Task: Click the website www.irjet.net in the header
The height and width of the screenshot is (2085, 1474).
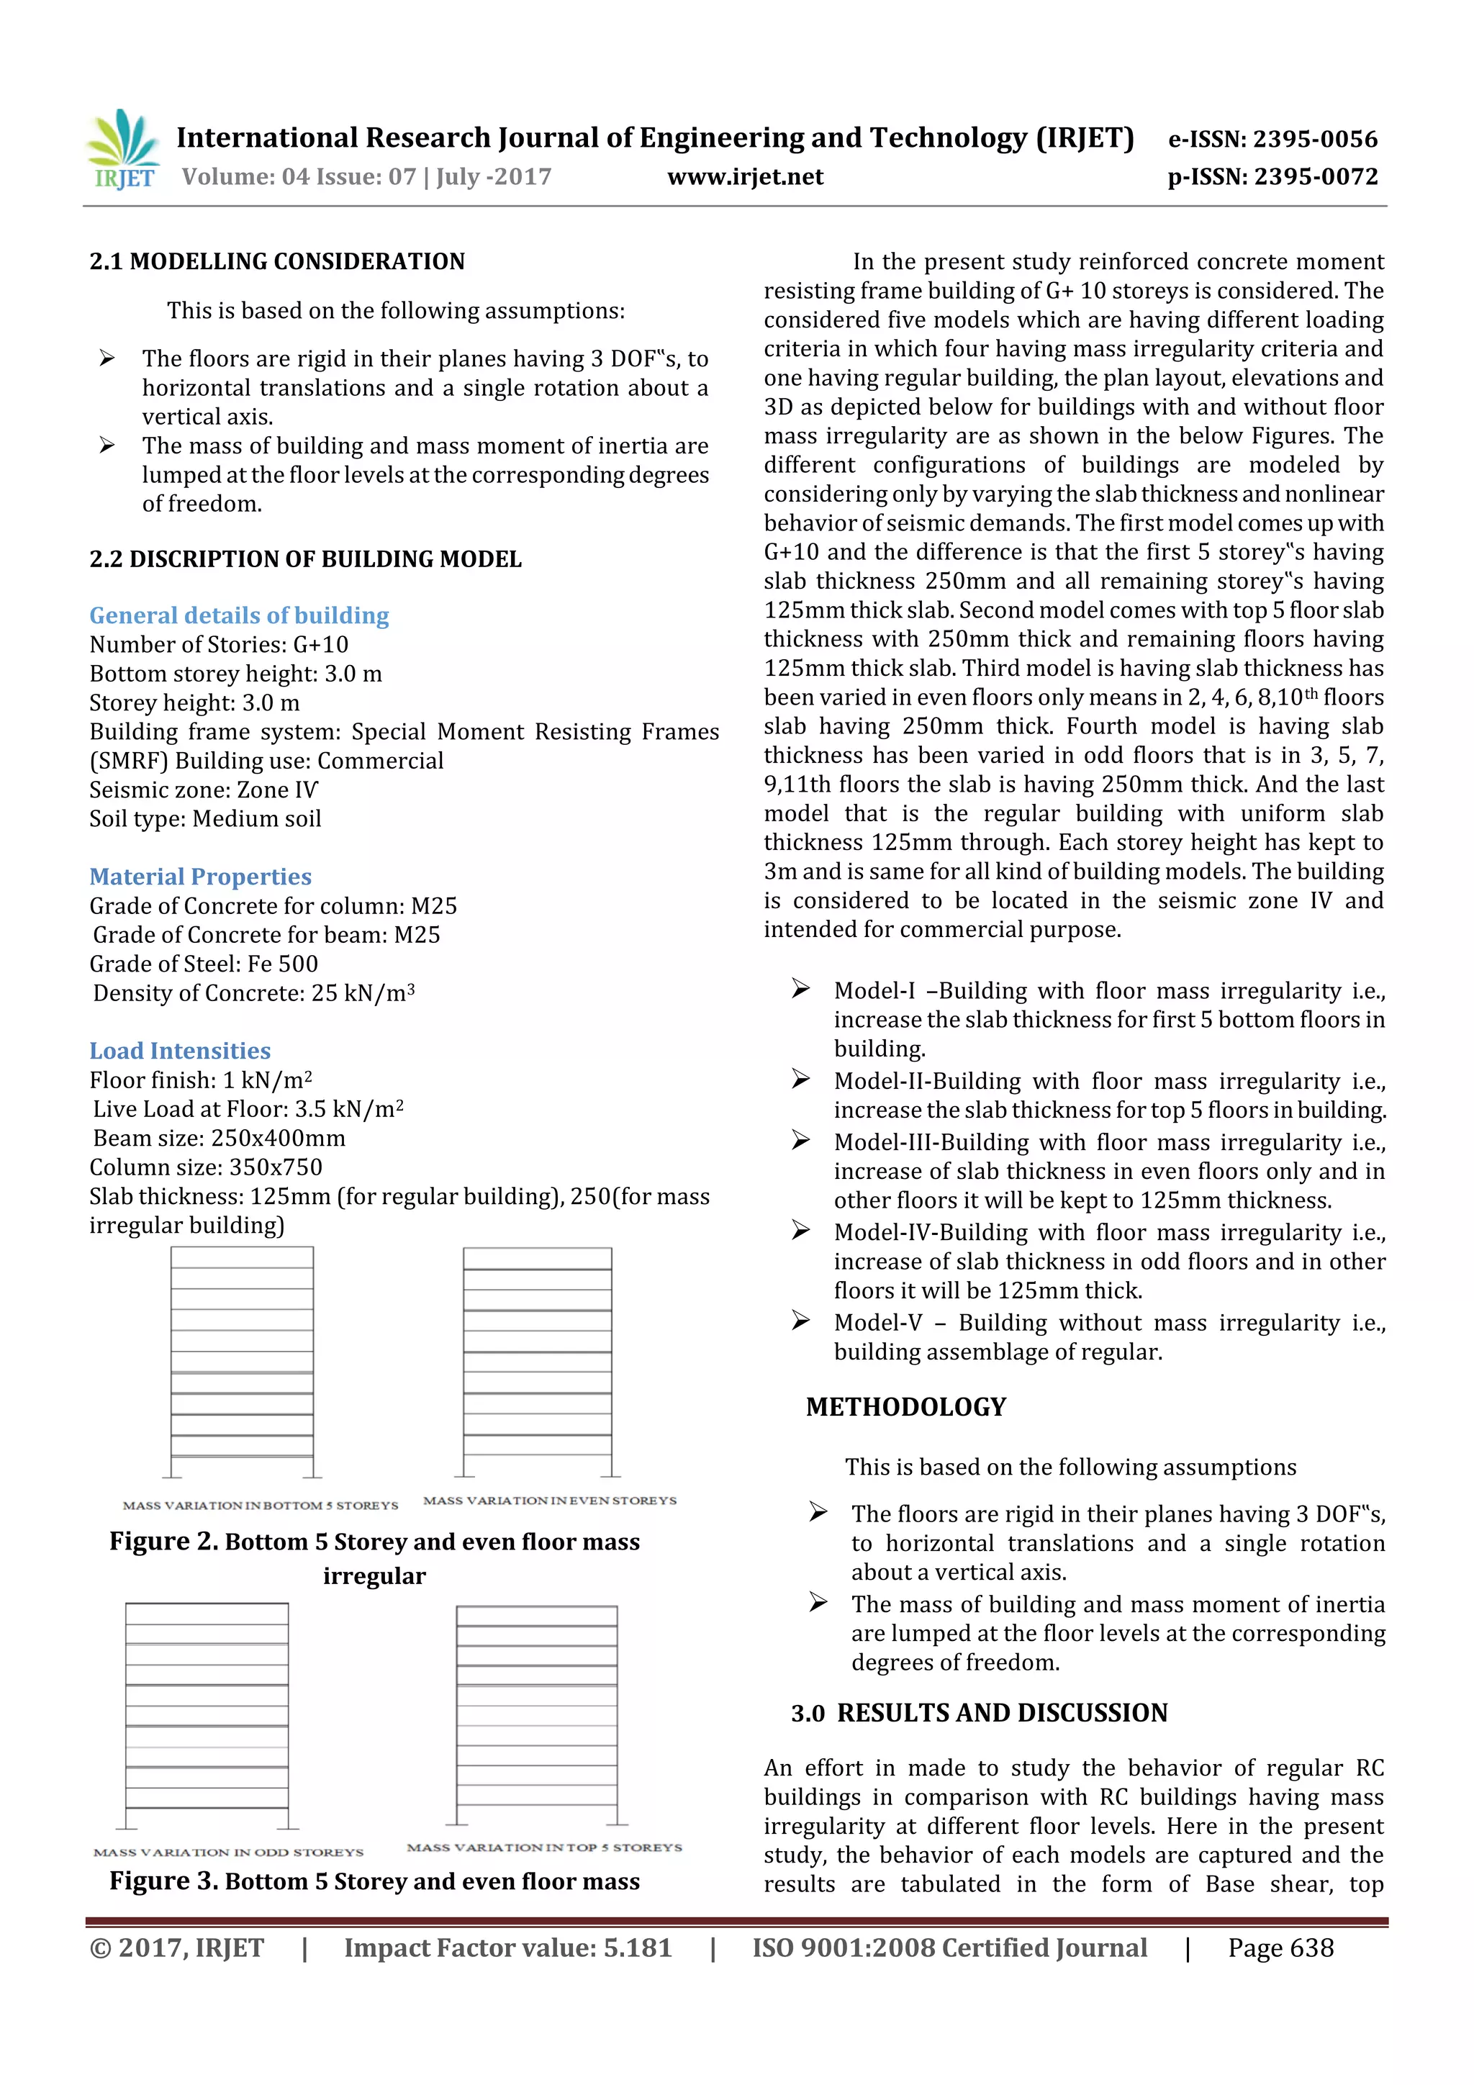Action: (x=745, y=177)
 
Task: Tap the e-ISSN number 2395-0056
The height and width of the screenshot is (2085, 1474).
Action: (x=1314, y=140)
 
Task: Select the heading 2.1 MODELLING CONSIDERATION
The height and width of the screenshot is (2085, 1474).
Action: (x=277, y=263)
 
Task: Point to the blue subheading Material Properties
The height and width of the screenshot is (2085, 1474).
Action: (x=200, y=877)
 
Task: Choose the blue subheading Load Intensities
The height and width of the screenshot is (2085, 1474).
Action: (x=180, y=1051)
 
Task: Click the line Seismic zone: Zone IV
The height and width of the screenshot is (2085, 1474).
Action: (x=204, y=790)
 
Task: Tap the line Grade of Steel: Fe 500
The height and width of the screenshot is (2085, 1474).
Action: (x=204, y=964)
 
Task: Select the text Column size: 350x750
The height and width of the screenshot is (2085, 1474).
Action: (x=205, y=1168)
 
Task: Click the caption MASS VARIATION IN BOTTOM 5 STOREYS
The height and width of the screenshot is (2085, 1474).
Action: (x=261, y=1506)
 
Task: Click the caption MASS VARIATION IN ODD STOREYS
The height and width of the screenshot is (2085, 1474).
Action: (x=228, y=1853)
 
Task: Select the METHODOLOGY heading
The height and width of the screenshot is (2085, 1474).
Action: (x=905, y=1408)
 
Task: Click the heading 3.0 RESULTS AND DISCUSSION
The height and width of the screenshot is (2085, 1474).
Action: (x=979, y=1714)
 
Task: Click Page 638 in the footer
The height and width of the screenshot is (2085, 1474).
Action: (x=1280, y=1948)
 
